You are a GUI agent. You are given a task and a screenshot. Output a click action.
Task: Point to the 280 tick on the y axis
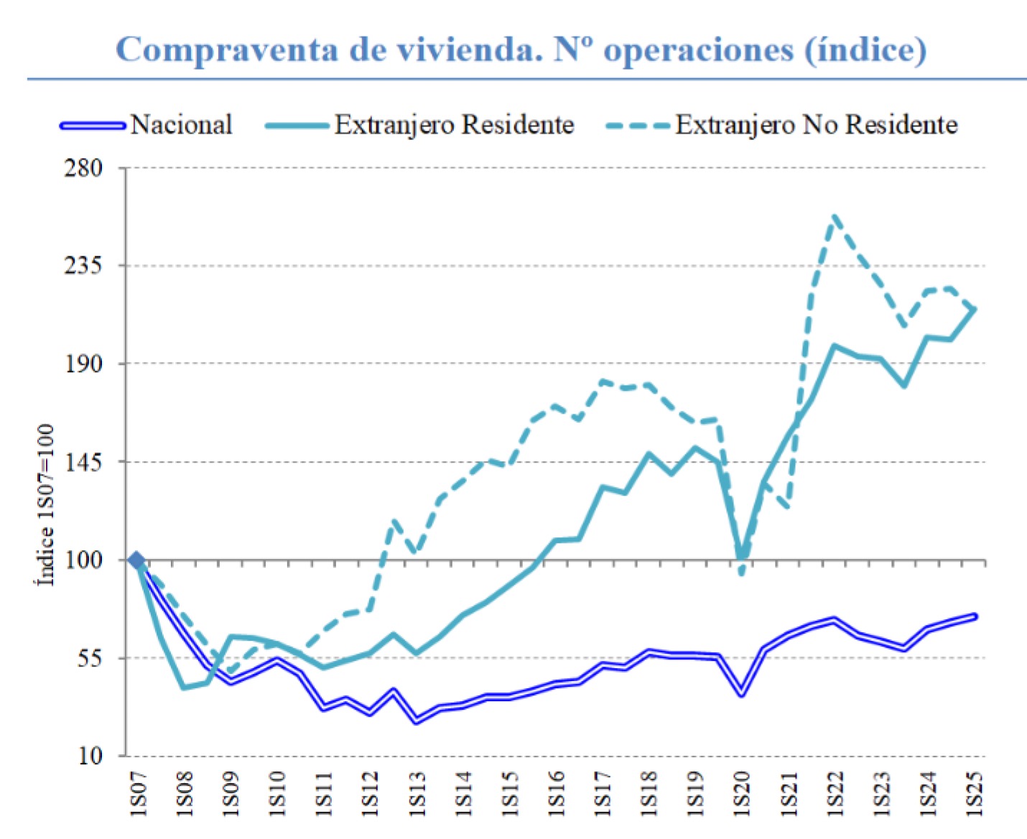(84, 168)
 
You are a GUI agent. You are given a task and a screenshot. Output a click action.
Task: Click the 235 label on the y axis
(84, 266)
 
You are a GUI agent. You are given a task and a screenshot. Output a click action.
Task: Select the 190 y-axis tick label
(84, 363)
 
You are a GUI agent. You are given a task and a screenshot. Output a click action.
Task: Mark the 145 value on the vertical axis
(84, 462)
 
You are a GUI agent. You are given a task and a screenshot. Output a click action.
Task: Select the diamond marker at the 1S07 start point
(136, 560)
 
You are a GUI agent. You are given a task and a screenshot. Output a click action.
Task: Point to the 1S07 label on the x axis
(138, 793)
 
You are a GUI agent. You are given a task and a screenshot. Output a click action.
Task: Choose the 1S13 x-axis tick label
(417, 793)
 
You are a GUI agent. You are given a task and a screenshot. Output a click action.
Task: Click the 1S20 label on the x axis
(742, 793)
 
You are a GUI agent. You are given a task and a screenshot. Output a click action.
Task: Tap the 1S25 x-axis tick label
(974, 793)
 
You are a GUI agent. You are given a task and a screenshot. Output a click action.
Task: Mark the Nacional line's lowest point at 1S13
(417, 720)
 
